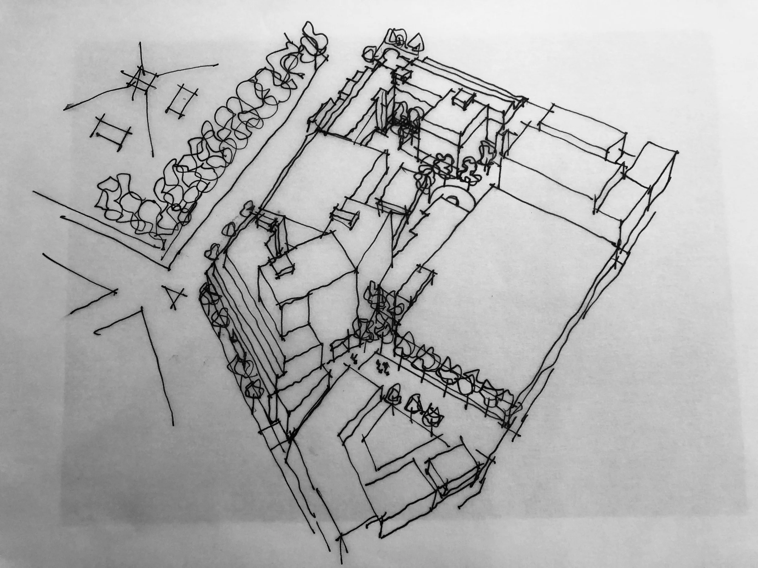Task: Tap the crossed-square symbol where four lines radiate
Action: [140, 81]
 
